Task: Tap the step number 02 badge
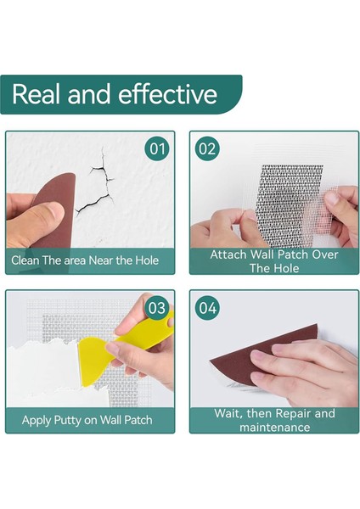[207, 148]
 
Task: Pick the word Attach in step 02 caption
[229, 255]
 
